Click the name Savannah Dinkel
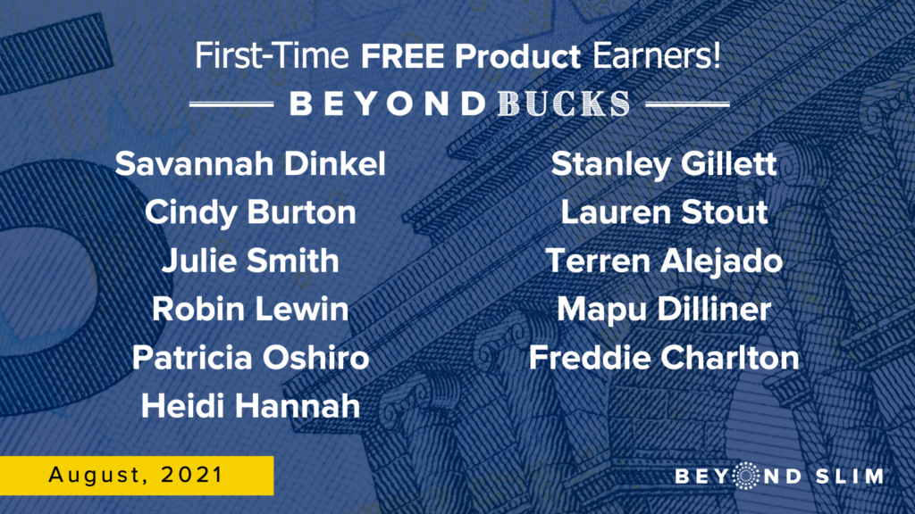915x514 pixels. pos(250,164)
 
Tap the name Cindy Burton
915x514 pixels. pos(250,212)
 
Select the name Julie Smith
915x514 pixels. pos(250,261)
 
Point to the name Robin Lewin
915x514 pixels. pos(250,309)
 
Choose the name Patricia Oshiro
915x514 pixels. pos(250,357)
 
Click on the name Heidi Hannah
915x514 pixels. pos(250,406)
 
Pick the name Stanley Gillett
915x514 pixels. pos(664,164)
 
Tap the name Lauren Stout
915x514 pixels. pos(664,212)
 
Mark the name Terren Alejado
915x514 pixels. pos(664,261)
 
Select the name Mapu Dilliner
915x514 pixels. pos(664,309)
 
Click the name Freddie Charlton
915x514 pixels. pos(664,357)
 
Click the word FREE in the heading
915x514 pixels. pos(403,56)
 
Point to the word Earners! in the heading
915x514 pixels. pos(657,56)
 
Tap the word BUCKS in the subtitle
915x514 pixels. pos(564,104)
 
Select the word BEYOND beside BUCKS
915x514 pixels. pos(388,104)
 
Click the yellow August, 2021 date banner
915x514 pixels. pos(137,476)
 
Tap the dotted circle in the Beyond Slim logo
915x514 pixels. pos(745,476)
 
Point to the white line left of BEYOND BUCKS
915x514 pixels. pos(231,104)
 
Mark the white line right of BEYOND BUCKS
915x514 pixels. pos(688,104)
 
